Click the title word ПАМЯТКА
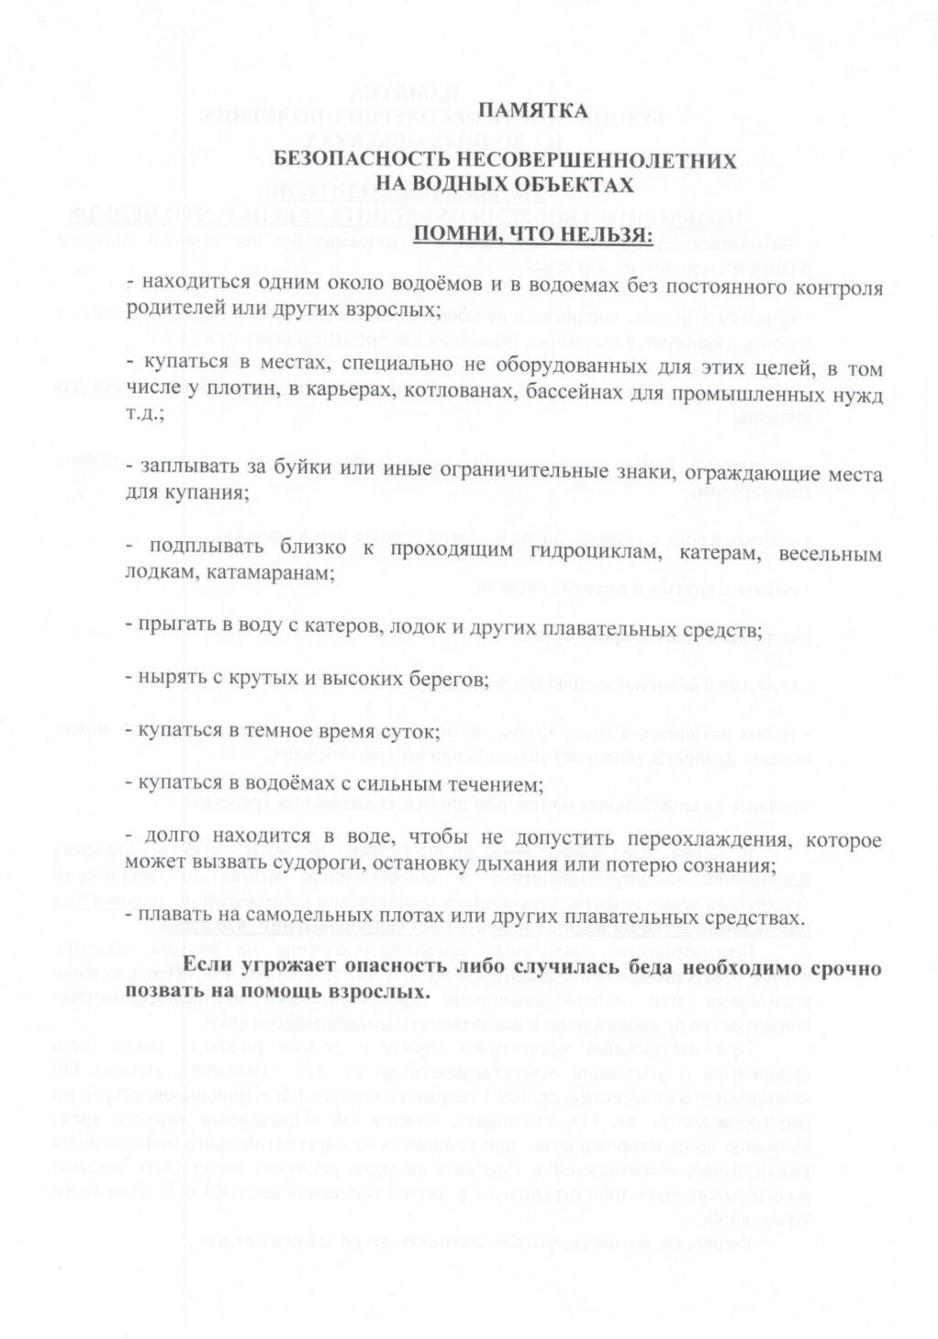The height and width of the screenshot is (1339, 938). coord(534,111)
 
